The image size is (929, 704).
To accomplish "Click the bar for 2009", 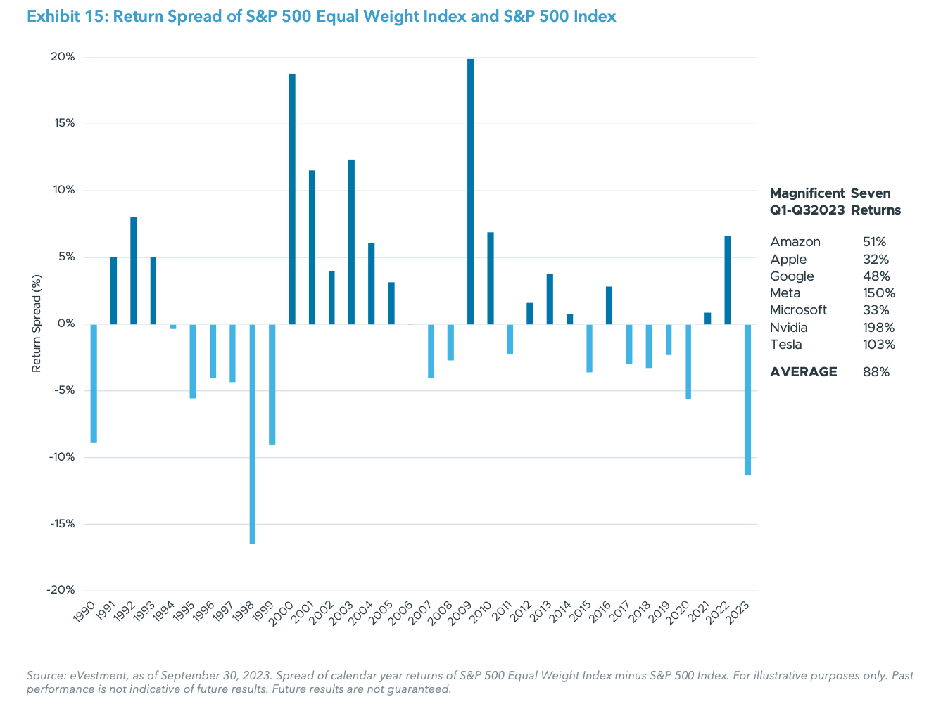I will click(x=471, y=191).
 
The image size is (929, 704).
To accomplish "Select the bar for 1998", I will click(x=253, y=434).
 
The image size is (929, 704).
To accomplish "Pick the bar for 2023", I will click(x=747, y=399).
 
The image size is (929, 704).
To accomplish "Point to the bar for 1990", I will click(x=94, y=383).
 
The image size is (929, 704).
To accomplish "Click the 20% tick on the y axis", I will click(x=62, y=57).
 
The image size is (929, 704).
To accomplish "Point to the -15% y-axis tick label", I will click(x=61, y=524).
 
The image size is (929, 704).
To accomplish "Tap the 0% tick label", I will click(x=66, y=324).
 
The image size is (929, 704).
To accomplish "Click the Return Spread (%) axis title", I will click(x=37, y=324).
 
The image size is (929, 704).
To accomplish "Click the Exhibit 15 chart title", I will click(x=321, y=16).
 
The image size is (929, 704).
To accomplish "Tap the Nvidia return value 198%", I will click(x=878, y=328).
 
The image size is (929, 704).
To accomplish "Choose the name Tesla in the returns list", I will click(x=786, y=345).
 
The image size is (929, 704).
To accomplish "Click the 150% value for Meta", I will click(x=879, y=293).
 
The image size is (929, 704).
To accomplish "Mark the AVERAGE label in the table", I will click(x=804, y=372).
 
